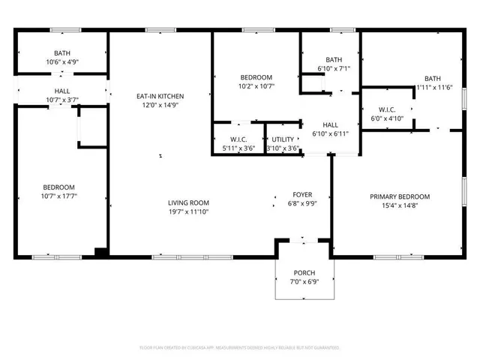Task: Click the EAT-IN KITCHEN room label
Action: [160, 96]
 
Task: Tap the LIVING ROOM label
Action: [188, 202]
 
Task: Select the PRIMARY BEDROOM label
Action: [394, 196]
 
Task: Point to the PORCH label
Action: [303, 273]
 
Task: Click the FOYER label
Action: [302, 194]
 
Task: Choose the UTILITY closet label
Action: [283, 139]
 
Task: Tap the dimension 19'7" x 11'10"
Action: [188, 211]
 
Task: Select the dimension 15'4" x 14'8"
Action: [394, 205]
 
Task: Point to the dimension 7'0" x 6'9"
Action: [303, 282]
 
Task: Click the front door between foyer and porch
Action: [303, 240]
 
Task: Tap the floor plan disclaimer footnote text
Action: [240, 348]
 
